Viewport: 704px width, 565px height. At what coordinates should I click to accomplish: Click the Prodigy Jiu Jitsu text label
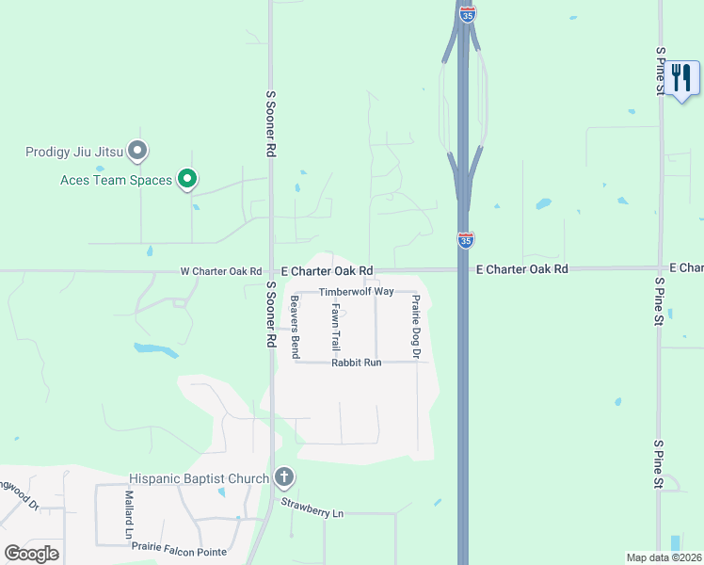pos(73,151)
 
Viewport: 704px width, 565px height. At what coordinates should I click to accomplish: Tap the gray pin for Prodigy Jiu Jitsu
pos(138,151)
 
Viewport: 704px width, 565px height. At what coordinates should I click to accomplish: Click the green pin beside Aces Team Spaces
pos(187,178)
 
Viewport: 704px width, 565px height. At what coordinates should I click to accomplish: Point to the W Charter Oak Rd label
pos(221,271)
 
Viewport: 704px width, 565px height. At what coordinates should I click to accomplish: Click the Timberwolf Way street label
pos(356,292)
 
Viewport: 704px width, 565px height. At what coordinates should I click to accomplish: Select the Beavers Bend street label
pos(295,327)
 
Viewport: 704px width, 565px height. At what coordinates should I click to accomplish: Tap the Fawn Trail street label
pos(336,327)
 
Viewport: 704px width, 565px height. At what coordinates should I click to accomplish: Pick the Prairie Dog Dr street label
pos(415,326)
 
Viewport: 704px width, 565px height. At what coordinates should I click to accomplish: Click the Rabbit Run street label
pos(356,363)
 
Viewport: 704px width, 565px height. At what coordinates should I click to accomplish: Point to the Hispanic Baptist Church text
pos(200,478)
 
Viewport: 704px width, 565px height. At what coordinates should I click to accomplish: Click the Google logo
pos(31,554)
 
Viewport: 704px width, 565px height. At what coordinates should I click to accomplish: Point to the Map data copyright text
pos(664,557)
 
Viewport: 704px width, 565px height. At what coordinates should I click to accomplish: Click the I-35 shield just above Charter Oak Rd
pos(465,240)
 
